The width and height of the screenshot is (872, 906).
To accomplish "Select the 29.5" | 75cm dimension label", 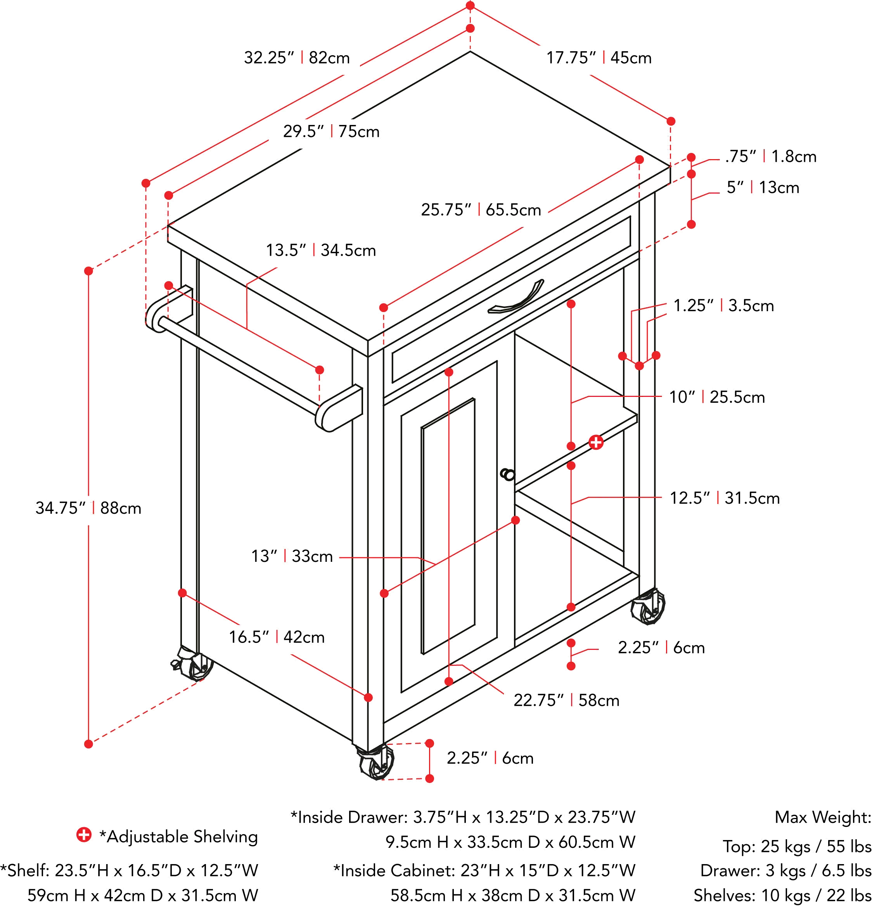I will coord(332,132).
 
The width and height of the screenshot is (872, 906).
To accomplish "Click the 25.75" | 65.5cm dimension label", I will coord(481,210).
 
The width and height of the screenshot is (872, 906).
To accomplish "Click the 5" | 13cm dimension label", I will coord(763,188).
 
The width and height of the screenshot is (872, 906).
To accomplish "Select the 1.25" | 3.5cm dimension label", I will coord(724,306).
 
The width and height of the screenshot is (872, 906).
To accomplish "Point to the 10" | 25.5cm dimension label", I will coord(717,397).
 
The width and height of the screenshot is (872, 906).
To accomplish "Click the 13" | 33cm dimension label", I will coord(292,555).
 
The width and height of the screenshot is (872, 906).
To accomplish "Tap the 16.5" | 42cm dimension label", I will coord(277,638).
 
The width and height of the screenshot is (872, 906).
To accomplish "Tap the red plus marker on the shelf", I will coord(596,442).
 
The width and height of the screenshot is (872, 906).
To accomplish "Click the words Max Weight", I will coord(823,818).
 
